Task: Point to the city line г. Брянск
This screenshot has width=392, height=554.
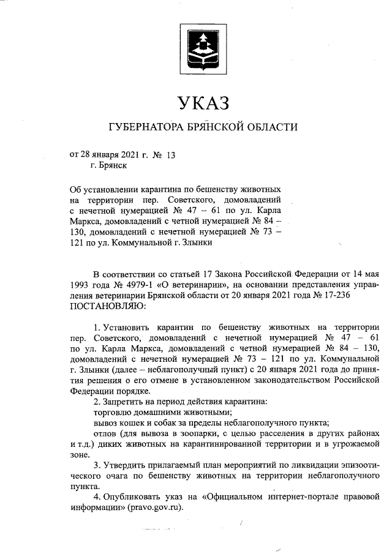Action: pyautogui.click(x=108, y=165)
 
